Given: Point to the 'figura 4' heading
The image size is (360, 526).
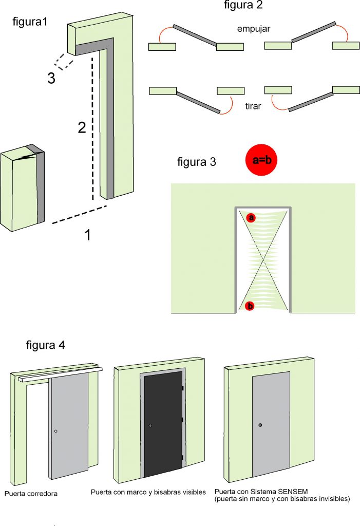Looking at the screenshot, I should pyautogui.click(x=46, y=344).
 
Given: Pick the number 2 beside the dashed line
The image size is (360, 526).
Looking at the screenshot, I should pyautogui.click(x=82, y=128).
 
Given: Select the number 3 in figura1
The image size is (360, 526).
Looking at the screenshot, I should pyautogui.click(x=51, y=79).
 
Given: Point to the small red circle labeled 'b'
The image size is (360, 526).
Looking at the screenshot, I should pyautogui.click(x=251, y=306).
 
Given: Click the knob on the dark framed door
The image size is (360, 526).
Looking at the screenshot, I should pyautogui.click(x=150, y=426).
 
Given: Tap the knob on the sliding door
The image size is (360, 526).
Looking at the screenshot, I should pyautogui.click(x=56, y=431).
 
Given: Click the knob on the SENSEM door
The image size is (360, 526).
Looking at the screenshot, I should pyautogui.click(x=260, y=425).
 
